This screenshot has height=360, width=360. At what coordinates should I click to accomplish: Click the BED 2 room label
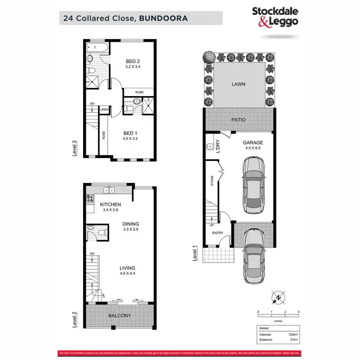point(132,61)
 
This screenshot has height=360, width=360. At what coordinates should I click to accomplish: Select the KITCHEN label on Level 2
point(110,204)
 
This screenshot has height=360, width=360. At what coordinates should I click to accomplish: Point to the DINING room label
point(130,224)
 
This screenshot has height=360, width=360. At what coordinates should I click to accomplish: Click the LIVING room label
point(127,267)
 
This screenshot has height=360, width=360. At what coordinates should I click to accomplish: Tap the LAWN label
point(238,84)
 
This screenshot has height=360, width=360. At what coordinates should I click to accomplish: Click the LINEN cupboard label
point(104,110)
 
